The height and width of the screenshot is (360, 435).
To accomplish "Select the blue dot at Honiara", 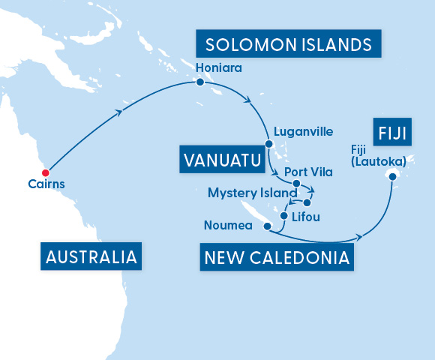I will pos(199,82).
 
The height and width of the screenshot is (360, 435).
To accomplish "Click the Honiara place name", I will pos(218,67).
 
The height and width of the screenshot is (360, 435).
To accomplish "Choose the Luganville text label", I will pos(304,131).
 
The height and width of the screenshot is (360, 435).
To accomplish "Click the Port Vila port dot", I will pos(296,184).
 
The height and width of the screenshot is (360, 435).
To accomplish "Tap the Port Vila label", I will pos(308,172).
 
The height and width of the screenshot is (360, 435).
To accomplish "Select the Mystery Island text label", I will pos(253,193).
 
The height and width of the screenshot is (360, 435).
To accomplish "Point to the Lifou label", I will pos(305,217).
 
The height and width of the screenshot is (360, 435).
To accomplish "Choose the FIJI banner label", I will pos(389,133).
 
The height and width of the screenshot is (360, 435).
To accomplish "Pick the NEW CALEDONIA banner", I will pos(276,258).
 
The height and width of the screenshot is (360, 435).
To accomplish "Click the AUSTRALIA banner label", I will pos(91,256).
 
